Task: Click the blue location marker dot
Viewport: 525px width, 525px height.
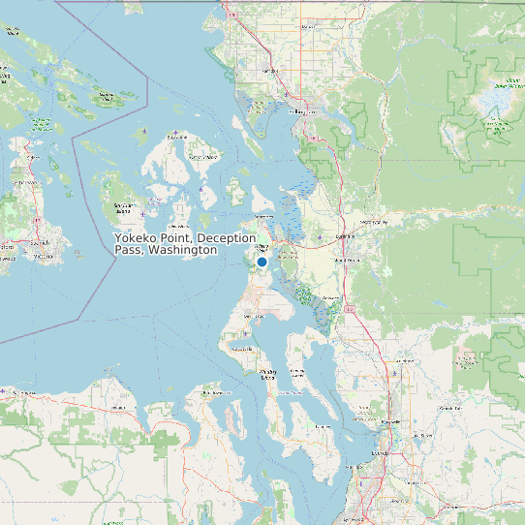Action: pyautogui.click(x=262, y=262)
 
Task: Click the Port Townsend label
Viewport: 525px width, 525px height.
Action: pyautogui.click(x=210, y=395)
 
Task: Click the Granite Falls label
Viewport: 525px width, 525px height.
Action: pyautogui.click(x=450, y=409)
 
